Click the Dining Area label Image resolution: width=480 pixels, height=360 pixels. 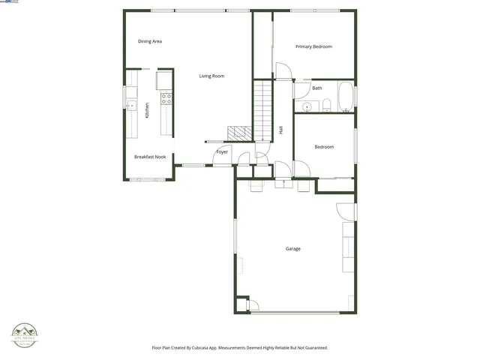click(x=150, y=41)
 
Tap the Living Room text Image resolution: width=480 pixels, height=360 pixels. click(x=211, y=76)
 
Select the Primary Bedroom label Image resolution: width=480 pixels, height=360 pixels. click(x=313, y=46)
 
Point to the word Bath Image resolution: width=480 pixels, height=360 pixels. click(x=317, y=88)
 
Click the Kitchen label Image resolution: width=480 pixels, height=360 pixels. click(x=147, y=109)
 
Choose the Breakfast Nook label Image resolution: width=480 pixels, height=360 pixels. click(x=150, y=157)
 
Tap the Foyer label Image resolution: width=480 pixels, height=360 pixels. click(x=222, y=152)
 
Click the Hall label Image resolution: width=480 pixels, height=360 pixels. click(x=280, y=130)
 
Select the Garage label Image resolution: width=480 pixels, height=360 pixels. click(x=292, y=248)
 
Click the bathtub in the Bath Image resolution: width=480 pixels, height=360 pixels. click(x=346, y=97)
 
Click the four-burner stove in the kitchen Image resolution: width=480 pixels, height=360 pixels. click(x=166, y=98)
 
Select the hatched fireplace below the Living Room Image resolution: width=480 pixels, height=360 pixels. click(x=239, y=133)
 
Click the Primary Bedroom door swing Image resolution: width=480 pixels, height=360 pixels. click(x=283, y=71)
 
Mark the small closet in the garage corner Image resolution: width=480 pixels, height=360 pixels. click(x=241, y=305)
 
